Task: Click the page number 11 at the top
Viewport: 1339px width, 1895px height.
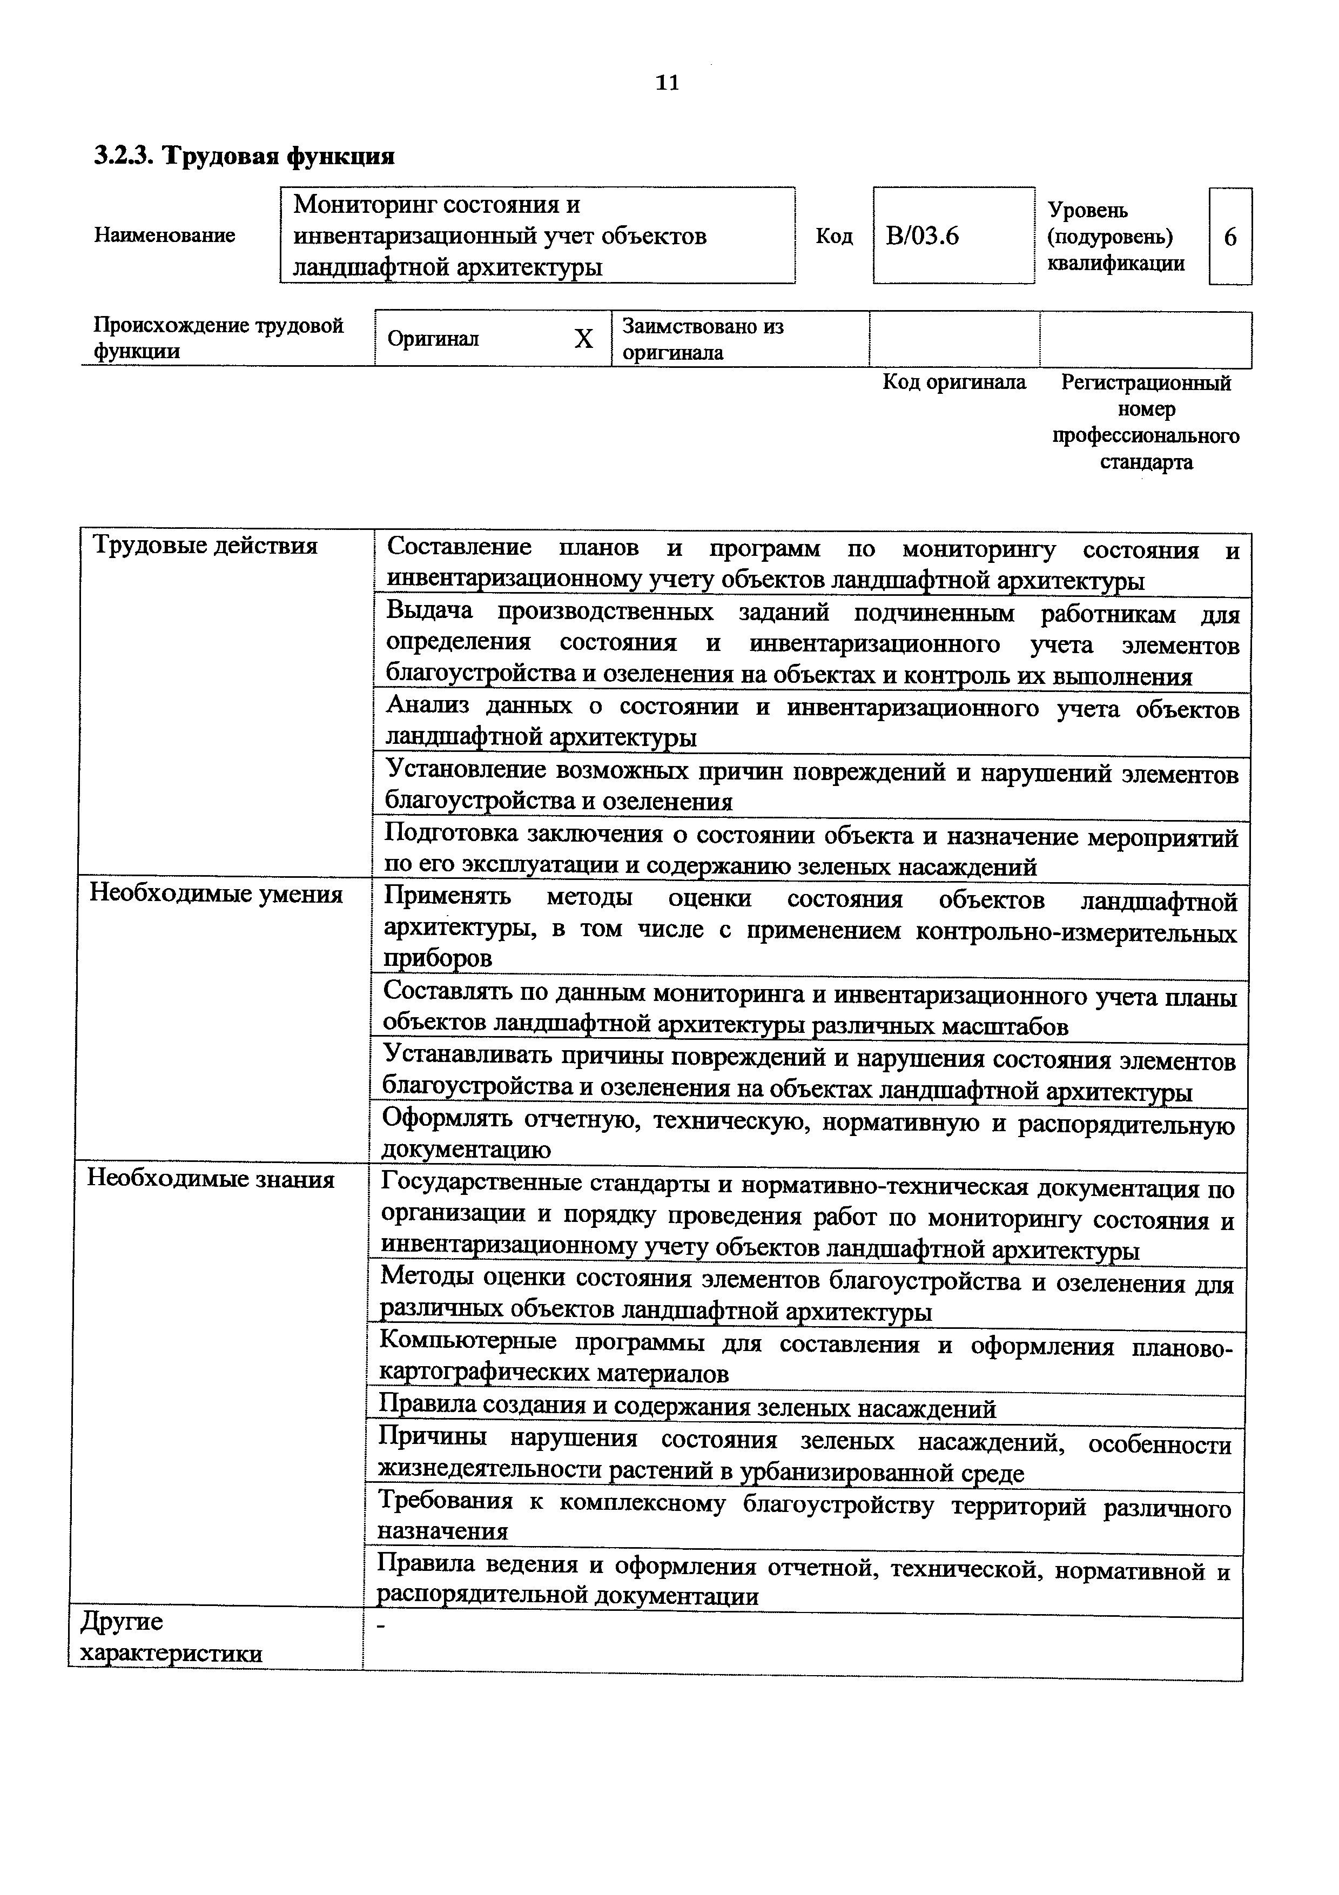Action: tap(667, 83)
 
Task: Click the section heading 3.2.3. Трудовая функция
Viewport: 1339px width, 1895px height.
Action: tap(244, 155)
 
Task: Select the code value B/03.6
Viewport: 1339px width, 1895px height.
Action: tap(923, 237)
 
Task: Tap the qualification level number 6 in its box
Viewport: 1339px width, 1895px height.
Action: tap(1229, 238)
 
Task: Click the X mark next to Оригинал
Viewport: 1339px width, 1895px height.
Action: tap(583, 338)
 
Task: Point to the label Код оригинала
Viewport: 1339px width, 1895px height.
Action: tap(954, 382)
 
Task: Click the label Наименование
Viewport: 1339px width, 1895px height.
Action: tap(164, 235)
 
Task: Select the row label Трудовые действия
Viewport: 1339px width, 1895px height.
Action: tap(205, 546)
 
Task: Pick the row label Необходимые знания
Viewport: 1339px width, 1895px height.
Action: tap(211, 1179)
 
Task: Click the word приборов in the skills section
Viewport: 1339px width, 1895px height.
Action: tap(438, 958)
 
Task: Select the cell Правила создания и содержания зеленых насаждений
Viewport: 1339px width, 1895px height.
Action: tap(687, 1408)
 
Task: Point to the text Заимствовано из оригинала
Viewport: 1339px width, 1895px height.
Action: tap(702, 339)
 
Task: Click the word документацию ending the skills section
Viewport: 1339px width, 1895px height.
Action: tap(465, 1150)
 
